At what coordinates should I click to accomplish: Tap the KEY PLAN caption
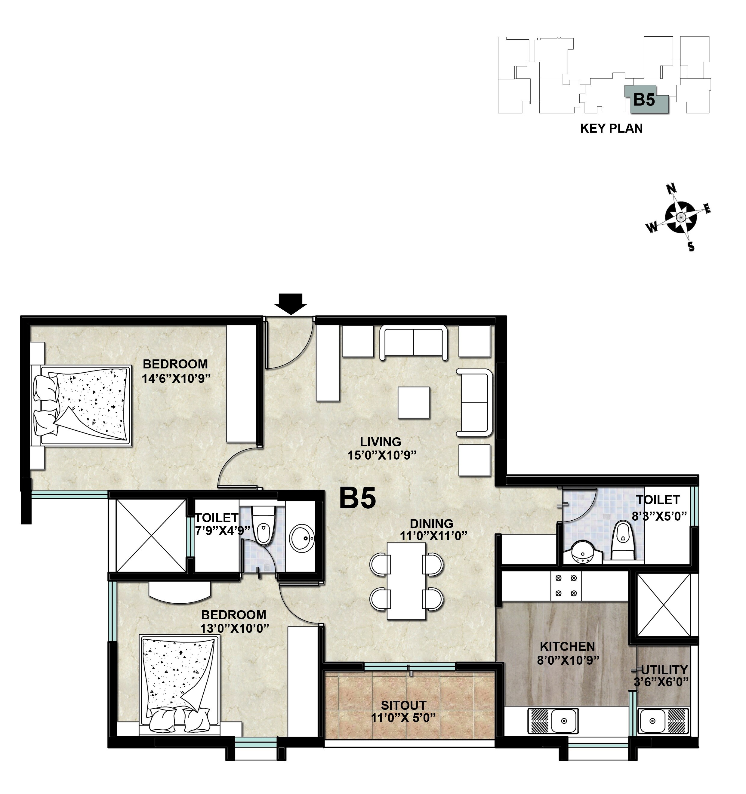pos(611,129)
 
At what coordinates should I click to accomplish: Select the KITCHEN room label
pos(567,646)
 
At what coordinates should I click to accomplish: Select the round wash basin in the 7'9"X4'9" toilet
pos(302,537)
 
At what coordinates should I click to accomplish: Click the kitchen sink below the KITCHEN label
pos(553,721)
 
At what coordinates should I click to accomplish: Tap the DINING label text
pos(431,524)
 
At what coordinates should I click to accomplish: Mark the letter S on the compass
pos(691,246)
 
